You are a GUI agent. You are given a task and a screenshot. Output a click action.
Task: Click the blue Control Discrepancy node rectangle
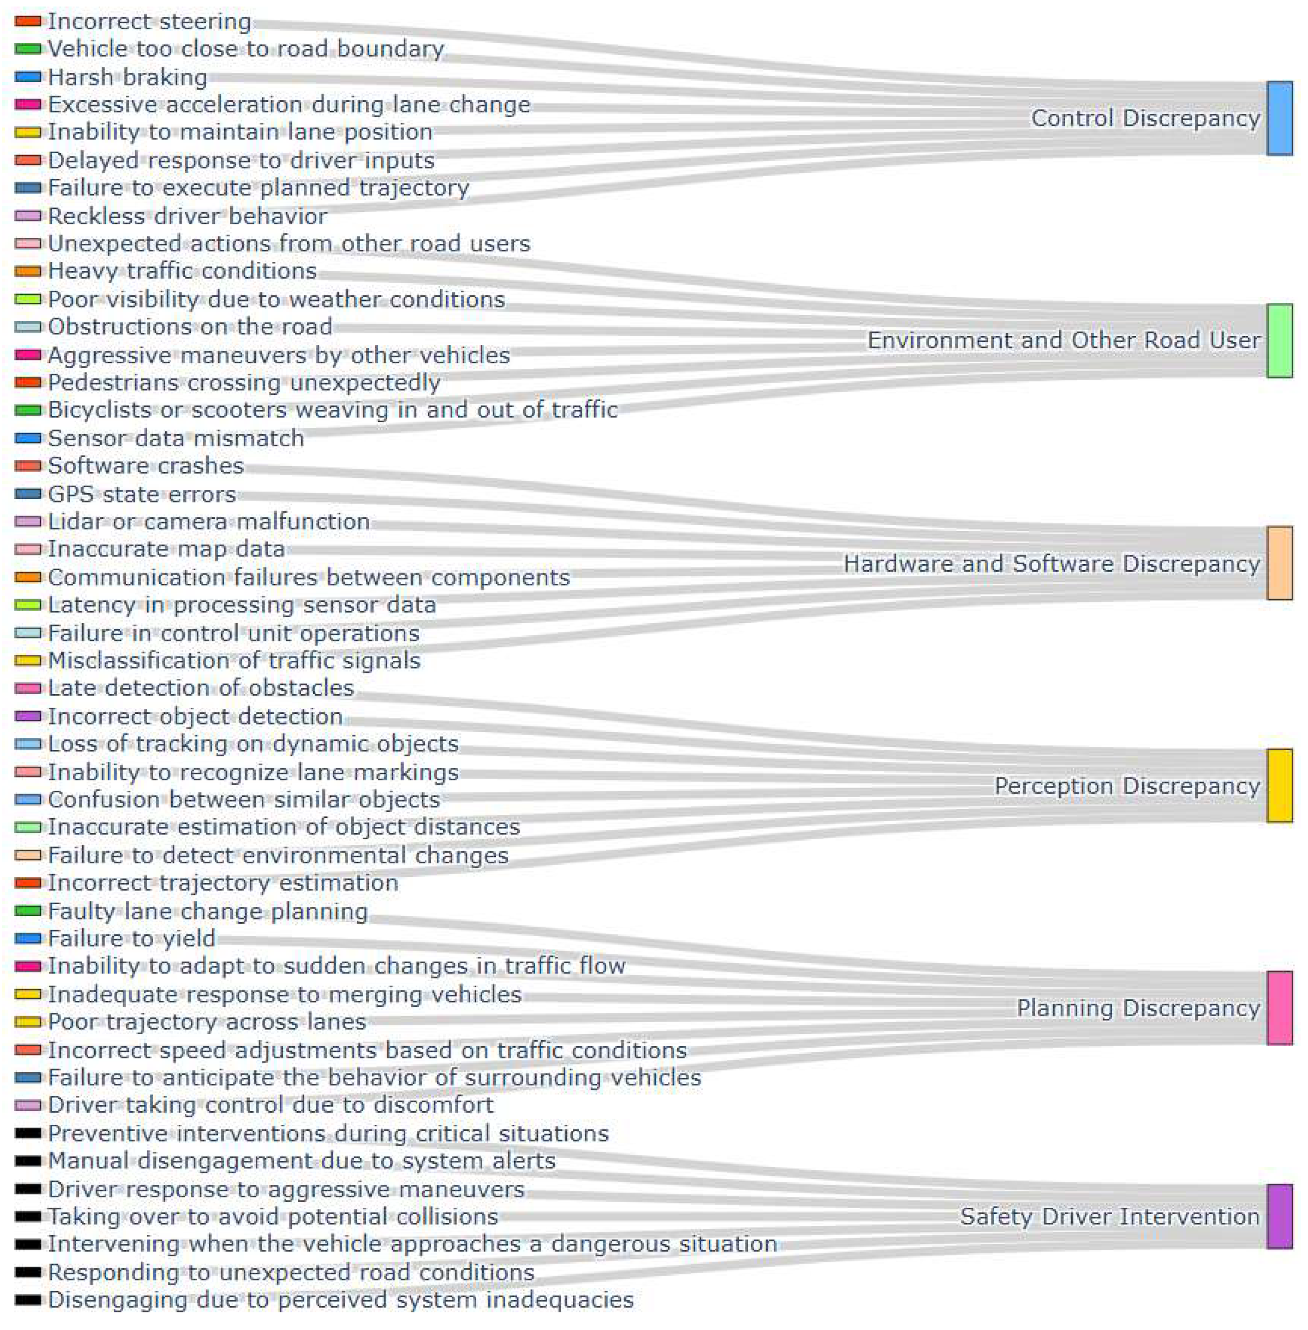(1279, 118)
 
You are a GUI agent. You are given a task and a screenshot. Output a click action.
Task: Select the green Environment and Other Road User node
(1279, 340)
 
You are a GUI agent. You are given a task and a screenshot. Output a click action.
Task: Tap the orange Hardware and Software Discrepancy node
(1279, 563)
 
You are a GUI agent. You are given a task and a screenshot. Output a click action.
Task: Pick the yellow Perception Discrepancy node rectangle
(1279, 786)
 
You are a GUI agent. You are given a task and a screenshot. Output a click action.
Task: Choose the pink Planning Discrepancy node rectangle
(1279, 1008)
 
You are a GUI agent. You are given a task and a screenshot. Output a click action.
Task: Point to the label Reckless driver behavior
(187, 216)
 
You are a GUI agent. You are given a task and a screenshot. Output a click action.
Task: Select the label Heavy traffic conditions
(182, 271)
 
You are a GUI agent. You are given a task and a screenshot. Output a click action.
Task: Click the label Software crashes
(146, 465)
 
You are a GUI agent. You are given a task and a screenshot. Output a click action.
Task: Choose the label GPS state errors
(142, 494)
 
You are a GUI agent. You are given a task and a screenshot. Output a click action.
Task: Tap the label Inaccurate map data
(166, 548)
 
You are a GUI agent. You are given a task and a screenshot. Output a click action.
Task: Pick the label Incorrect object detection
(195, 716)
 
